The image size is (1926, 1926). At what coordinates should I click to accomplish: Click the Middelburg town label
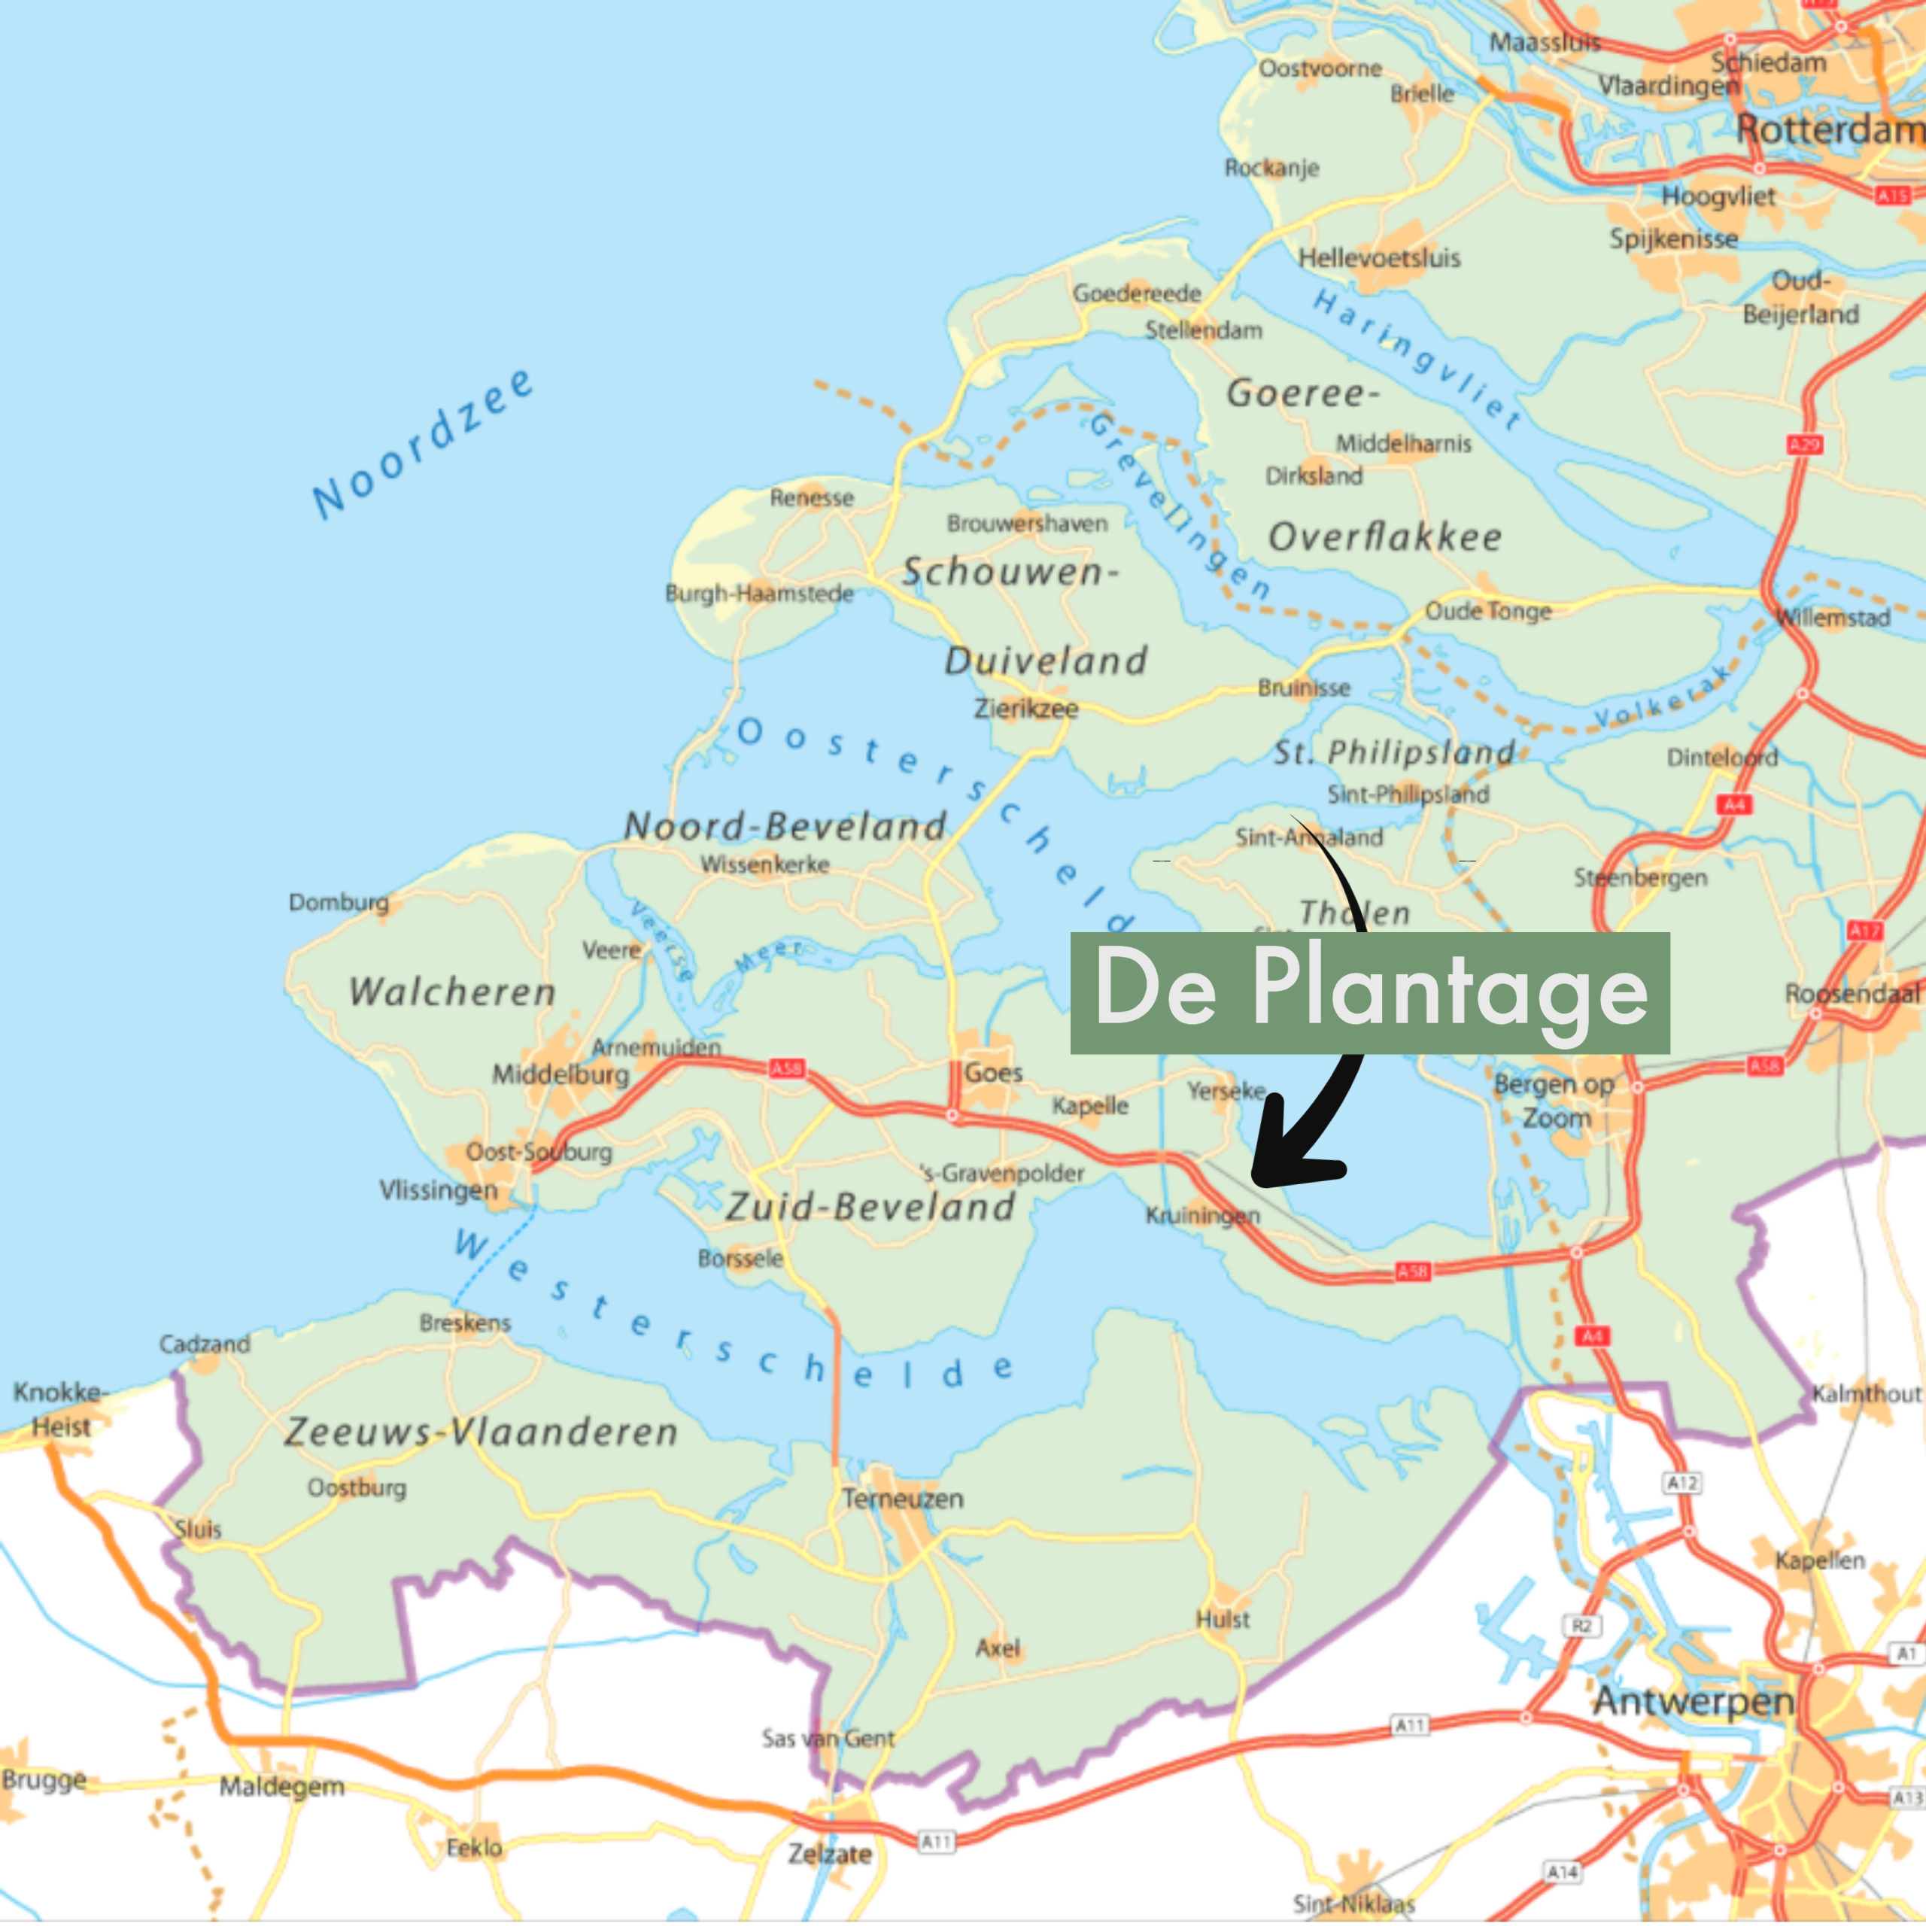[x=560, y=1074]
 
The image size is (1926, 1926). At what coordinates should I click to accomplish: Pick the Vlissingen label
[x=438, y=1190]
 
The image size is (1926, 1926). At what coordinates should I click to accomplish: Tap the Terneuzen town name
[x=902, y=1499]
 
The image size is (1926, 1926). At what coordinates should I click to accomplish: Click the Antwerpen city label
[x=1694, y=1700]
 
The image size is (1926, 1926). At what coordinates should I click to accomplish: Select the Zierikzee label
[x=1025, y=709]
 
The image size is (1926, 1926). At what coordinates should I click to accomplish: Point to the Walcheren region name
[x=451, y=992]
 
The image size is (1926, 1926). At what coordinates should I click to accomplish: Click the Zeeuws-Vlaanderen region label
[x=481, y=1432]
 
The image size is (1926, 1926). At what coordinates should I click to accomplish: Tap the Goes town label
[x=993, y=1073]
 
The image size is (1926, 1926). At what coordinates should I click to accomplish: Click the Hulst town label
[x=1223, y=1619]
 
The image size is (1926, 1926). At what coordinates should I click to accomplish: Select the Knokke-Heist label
[x=60, y=1408]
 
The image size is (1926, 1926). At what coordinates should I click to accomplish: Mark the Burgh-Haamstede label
[x=760, y=593]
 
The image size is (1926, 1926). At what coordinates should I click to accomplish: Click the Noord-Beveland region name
[x=785, y=825]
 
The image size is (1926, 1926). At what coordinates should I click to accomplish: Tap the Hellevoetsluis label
[x=1379, y=258]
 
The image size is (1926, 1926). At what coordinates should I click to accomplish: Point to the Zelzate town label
[x=829, y=1853]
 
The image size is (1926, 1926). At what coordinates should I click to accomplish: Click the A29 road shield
[x=1804, y=445]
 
